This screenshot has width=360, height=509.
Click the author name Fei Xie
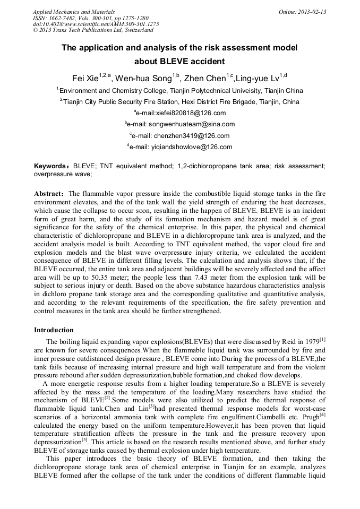coord(85,79)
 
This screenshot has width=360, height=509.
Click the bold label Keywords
coord(51,166)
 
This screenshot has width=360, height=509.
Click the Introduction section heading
coord(54,330)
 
